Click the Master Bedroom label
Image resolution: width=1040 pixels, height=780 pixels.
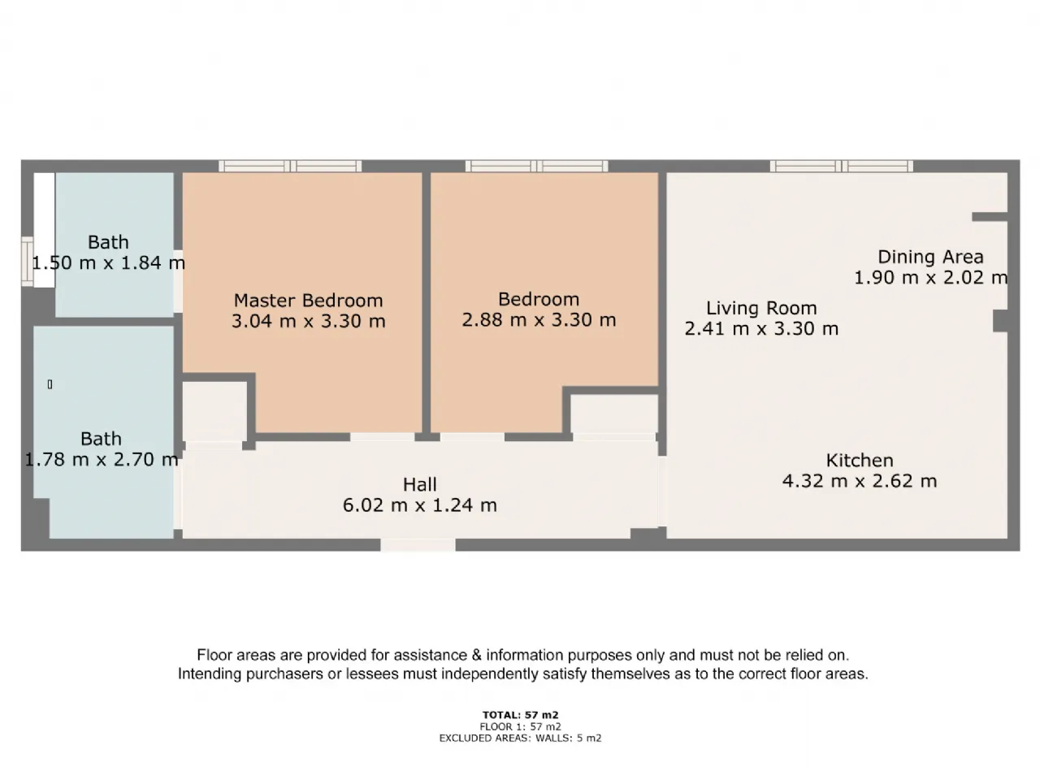[x=308, y=301]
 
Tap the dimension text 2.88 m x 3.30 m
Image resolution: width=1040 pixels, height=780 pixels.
[x=539, y=320]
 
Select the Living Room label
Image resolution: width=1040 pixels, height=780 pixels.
[x=761, y=308]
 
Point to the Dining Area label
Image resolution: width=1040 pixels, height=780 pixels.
[x=930, y=258]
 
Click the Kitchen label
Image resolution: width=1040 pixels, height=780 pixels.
[x=860, y=461]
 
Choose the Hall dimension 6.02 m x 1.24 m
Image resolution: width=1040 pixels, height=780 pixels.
[x=420, y=505]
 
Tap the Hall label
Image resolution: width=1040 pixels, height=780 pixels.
[x=420, y=484]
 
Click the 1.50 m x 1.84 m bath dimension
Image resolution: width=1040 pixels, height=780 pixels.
[x=109, y=262]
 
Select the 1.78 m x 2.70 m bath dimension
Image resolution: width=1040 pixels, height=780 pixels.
[x=102, y=459]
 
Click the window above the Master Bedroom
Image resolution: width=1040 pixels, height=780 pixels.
[x=290, y=167]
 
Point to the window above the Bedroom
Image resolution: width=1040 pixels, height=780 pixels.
[x=536, y=167]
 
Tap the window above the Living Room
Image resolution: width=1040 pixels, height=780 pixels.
[x=842, y=167]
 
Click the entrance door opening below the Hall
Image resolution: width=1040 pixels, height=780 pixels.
[x=418, y=545]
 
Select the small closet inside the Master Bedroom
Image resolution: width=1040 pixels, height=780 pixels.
[x=214, y=411]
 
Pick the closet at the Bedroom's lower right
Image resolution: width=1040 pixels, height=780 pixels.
[x=614, y=414]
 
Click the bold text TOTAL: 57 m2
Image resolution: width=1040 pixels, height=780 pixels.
[x=520, y=715]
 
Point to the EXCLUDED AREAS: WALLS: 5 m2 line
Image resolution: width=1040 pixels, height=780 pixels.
[x=520, y=738]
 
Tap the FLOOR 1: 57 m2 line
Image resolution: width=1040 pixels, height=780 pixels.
[x=520, y=726]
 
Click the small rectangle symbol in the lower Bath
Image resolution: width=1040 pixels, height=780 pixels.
[x=50, y=384]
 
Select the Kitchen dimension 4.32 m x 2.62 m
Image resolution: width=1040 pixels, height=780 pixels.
[x=860, y=481]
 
